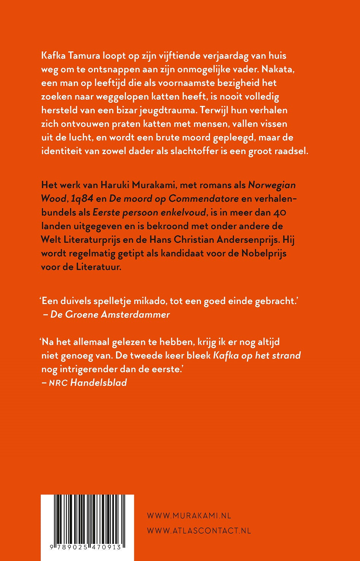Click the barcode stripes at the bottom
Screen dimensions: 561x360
click(x=87, y=519)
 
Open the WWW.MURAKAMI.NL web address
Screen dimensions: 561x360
click(x=189, y=516)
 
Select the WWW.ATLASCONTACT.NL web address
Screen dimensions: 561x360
click(x=199, y=531)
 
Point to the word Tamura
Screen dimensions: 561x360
click(x=82, y=56)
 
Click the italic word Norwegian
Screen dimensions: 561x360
click(x=271, y=185)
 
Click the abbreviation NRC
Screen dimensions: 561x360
click(x=58, y=383)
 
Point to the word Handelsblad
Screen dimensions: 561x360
click(x=99, y=382)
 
